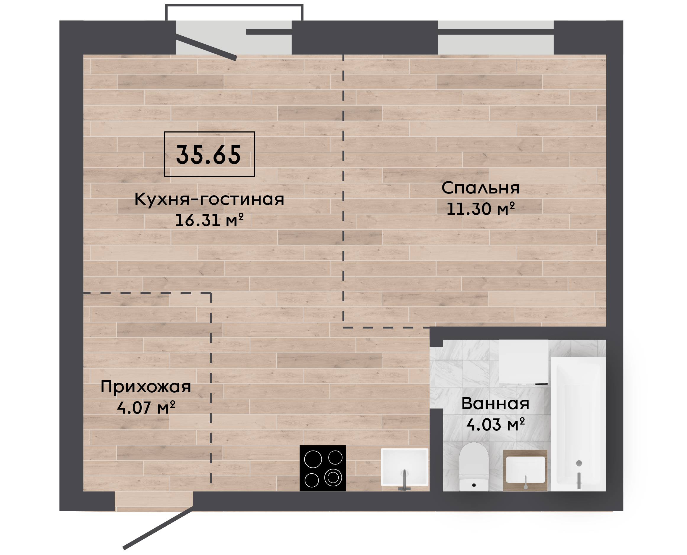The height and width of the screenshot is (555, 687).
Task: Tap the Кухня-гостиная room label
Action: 209,199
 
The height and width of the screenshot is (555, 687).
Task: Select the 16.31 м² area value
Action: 209,220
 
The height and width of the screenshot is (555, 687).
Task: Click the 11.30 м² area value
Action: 481,209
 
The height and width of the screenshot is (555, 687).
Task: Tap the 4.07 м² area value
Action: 146,408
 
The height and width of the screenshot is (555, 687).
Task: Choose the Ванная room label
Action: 495,404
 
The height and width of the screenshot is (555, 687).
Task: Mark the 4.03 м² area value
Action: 496,425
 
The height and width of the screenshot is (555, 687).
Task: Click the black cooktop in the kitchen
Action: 323,468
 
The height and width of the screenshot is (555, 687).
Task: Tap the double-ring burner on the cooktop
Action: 333,477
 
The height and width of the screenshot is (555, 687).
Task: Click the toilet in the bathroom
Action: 474,467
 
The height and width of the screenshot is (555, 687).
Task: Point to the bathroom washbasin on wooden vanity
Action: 525,470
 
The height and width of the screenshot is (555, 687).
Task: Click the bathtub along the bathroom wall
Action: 578,424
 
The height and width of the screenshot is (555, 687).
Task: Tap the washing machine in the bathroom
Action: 523,362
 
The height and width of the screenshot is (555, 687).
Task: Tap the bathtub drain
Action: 579,463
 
